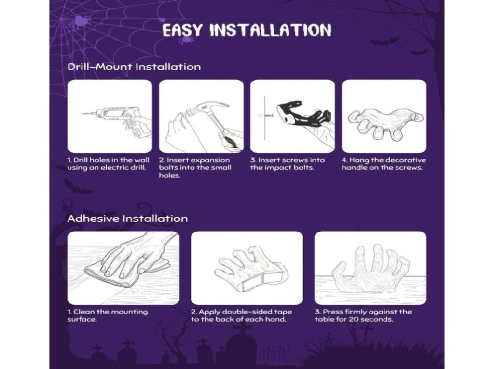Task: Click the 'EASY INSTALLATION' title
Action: pos(247,30)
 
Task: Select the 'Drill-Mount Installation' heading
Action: pos(134,67)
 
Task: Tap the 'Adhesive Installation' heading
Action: pos(127,219)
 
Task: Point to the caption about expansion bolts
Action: pos(195,168)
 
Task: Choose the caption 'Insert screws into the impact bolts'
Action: pos(288,164)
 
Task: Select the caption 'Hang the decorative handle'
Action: pos(384,164)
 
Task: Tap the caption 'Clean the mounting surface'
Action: pos(108,315)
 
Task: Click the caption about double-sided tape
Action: pos(241,315)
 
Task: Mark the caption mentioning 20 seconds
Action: pos(363,315)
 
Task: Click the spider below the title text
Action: pos(186,40)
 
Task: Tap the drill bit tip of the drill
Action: pos(83,114)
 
